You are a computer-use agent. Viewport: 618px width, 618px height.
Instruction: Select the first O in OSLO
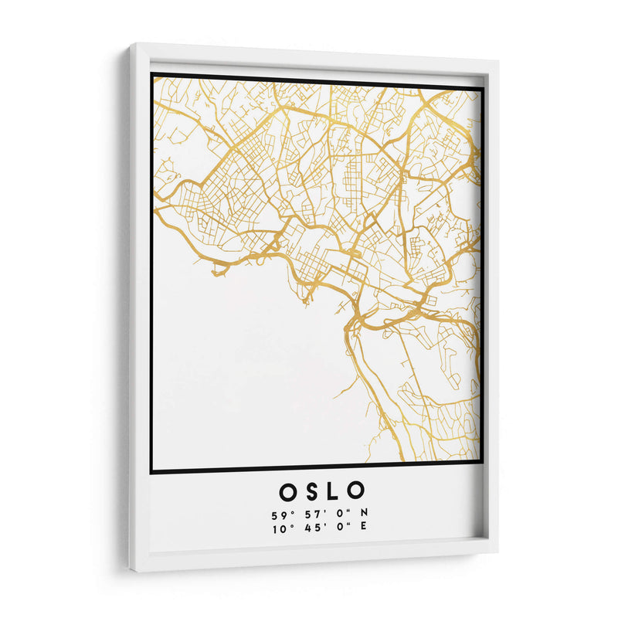286,491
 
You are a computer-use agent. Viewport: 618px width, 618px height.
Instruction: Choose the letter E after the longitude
363,528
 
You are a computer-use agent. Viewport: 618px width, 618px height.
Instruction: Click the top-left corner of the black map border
152,74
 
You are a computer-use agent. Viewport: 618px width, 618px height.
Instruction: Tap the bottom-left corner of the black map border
152,471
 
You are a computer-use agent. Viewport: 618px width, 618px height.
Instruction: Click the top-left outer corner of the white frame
130,44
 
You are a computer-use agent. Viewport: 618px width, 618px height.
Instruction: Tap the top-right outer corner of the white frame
498,63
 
